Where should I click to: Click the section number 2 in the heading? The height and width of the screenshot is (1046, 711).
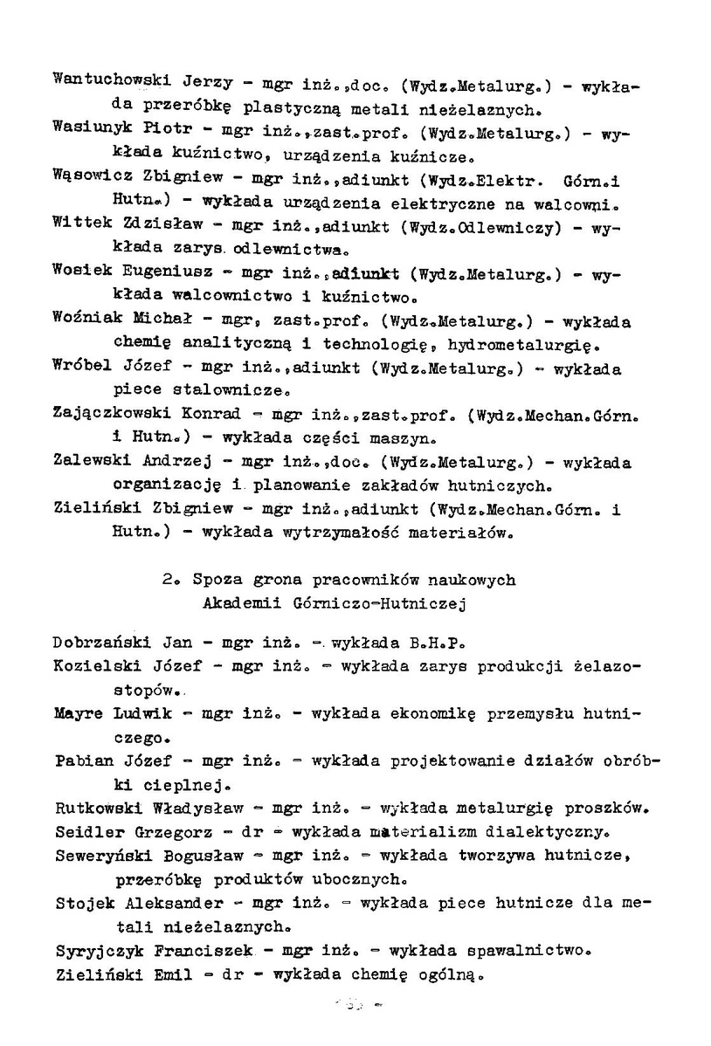167,580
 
